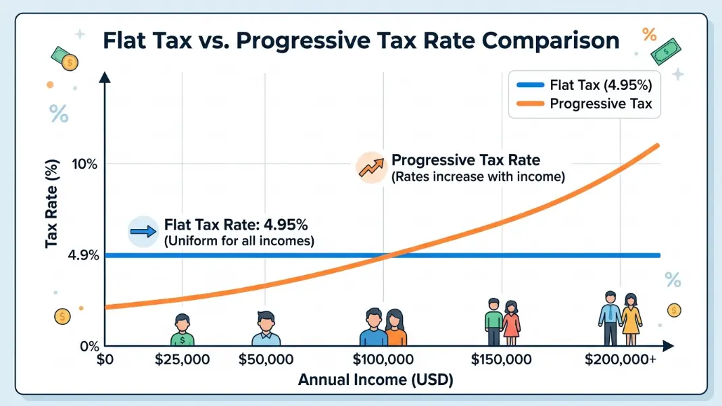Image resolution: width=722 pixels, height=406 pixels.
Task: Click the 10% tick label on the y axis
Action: tap(85, 164)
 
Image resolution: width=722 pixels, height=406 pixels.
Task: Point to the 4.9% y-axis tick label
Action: tap(83, 255)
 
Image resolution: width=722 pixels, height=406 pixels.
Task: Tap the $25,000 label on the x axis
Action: tap(183, 359)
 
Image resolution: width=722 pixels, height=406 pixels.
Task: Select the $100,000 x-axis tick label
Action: tap(383, 359)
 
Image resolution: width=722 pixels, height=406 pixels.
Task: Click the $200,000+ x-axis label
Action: tap(620, 359)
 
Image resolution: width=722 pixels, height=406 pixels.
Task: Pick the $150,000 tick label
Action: tap(501, 359)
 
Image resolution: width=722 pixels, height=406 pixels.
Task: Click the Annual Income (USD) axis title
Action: tap(376, 380)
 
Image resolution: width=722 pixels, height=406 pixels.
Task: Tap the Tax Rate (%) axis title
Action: tap(51, 203)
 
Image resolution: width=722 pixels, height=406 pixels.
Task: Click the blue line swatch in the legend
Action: tap(531, 85)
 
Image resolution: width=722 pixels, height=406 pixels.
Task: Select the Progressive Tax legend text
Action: tap(601, 103)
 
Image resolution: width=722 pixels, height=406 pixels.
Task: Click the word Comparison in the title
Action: tap(551, 41)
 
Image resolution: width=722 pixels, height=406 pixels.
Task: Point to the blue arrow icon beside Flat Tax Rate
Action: tap(143, 231)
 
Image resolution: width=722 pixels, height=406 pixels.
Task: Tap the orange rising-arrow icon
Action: tap(371, 168)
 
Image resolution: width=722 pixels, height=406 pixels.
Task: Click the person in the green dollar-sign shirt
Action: tap(183, 330)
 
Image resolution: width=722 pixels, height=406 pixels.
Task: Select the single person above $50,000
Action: tap(266, 328)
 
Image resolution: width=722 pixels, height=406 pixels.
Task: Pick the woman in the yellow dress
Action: tap(631, 320)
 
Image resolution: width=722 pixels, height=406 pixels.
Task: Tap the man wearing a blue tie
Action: tap(610, 319)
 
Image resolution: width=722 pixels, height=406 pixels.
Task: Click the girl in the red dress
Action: tap(511, 323)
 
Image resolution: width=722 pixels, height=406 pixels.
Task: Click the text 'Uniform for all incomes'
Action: tap(239, 240)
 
